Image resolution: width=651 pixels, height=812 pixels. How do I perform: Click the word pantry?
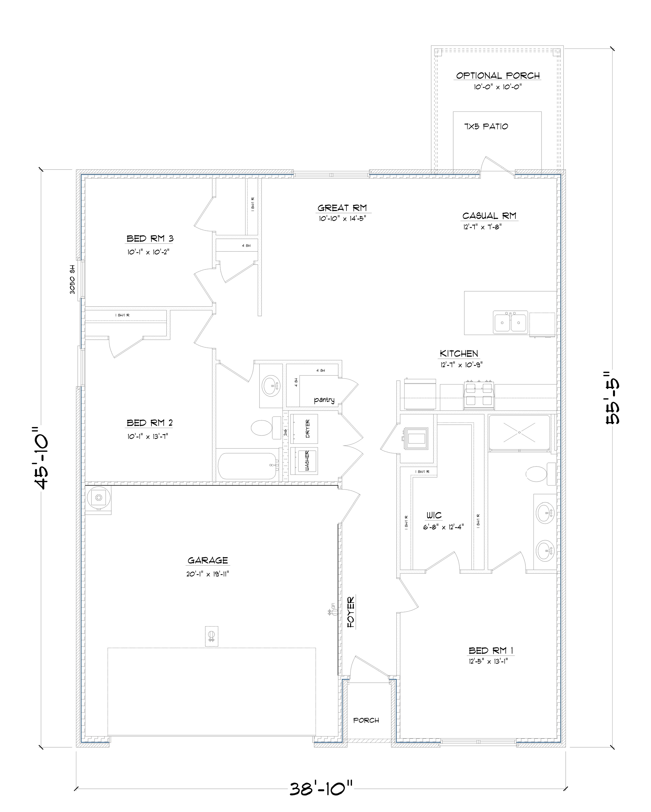pyautogui.click(x=324, y=400)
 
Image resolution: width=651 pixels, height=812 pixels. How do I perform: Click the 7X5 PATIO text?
pyautogui.click(x=486, y=126)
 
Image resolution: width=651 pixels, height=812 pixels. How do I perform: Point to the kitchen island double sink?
pyautogui.click(x=510, y=322)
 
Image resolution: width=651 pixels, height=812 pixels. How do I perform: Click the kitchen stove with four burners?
pyautogui.click(x=479, y=396)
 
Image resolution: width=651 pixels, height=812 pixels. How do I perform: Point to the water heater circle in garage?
pyautogui.click(x=99, y=498)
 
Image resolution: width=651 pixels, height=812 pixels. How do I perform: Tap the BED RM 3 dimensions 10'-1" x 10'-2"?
pyautogui.click(x=148, y=252)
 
